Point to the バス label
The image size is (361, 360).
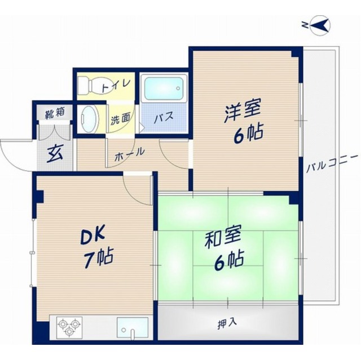pos(163,118)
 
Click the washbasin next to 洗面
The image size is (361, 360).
pos(89,118)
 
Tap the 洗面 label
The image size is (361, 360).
pos(120,119)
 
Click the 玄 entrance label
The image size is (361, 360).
pos(54,152)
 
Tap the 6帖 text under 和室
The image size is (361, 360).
pos(228,260)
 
